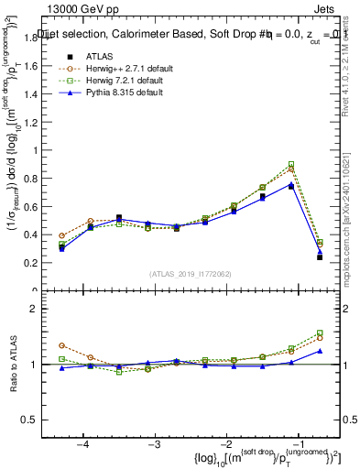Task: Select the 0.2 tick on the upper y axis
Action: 39,263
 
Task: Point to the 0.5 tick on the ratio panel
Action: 39,420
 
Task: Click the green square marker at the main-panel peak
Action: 291,165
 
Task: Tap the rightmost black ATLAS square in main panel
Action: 319,257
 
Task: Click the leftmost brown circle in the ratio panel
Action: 61,345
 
